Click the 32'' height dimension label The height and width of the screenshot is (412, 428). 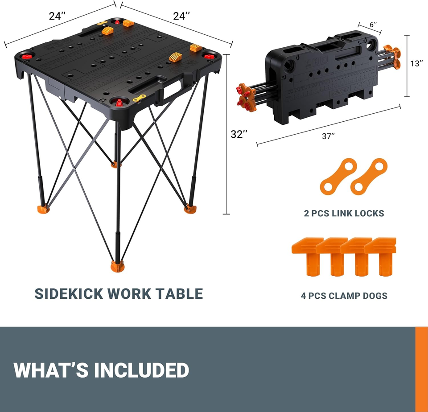tap(239, 134)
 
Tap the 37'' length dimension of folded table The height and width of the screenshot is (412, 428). tap(328, 136)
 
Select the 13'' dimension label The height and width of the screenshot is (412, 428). tap(416, 63)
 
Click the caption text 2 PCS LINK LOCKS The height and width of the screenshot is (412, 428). tap(344, 214)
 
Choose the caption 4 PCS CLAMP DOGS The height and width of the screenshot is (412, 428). tap(344, 295)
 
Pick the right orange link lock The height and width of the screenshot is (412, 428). tap(369, 177)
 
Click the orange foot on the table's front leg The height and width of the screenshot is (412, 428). tap(118, 266)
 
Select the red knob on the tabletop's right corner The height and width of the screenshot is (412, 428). tap(209, 56)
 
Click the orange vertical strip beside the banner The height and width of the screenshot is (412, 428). tap(421, 369)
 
